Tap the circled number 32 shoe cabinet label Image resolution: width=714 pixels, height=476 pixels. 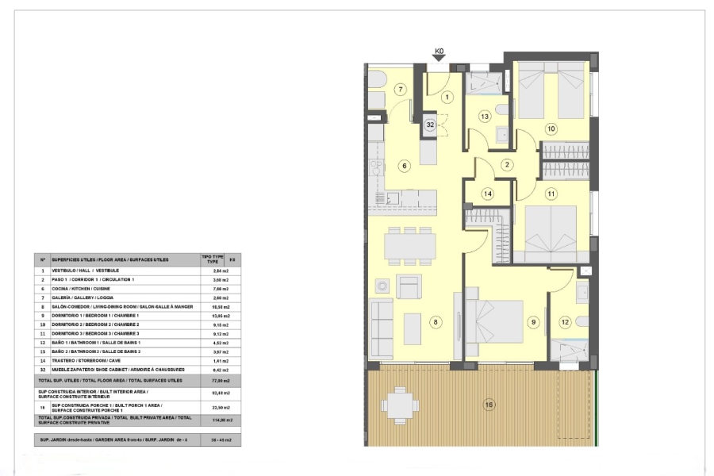click(x=430, y=125)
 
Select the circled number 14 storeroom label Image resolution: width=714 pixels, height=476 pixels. click(x=488, y=194)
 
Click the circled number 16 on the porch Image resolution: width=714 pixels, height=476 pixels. click(x=489, y=405)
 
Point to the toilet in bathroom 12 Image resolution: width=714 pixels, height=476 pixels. click(x=582, y=321)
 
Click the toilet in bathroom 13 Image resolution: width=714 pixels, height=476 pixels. click(x=502, y=109)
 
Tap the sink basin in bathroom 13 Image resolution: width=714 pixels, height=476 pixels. click(x=501, y=132)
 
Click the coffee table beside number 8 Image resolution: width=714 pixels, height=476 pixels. click(x=413, y=328)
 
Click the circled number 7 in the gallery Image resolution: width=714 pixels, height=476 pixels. click(x=401, y=90)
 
